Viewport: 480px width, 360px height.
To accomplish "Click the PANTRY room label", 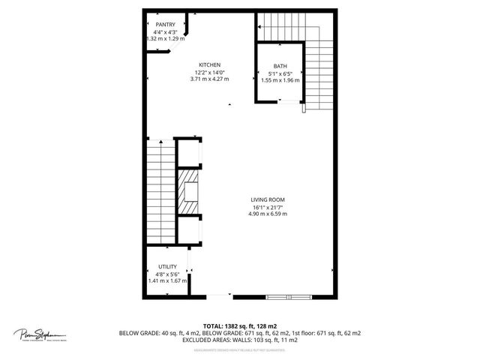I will tap(165, 25).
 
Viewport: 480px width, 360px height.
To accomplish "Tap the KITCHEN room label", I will tap(209, 64).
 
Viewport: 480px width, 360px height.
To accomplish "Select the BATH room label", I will tap(280, 66).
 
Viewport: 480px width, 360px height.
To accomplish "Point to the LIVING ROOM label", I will tap(268, 199).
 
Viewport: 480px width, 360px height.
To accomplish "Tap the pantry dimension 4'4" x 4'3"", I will tap(165, 32).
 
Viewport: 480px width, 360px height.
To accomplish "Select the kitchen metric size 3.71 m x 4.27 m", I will tap(209, 79).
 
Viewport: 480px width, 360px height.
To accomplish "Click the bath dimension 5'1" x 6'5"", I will tap(280, 73).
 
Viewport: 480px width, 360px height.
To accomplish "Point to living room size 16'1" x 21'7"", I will tap(268, 207).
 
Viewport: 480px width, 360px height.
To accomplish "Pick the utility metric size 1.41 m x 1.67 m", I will tap(166, 281).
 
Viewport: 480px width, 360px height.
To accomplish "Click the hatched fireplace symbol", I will tap(188, 190).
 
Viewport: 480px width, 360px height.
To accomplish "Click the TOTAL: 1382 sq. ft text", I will tap(239, 325).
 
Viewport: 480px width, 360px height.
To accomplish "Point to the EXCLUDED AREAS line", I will tap(239, 340).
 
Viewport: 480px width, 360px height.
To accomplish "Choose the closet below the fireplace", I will tap(189, 229).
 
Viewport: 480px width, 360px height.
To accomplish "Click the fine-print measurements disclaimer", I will tap(239, 349).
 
